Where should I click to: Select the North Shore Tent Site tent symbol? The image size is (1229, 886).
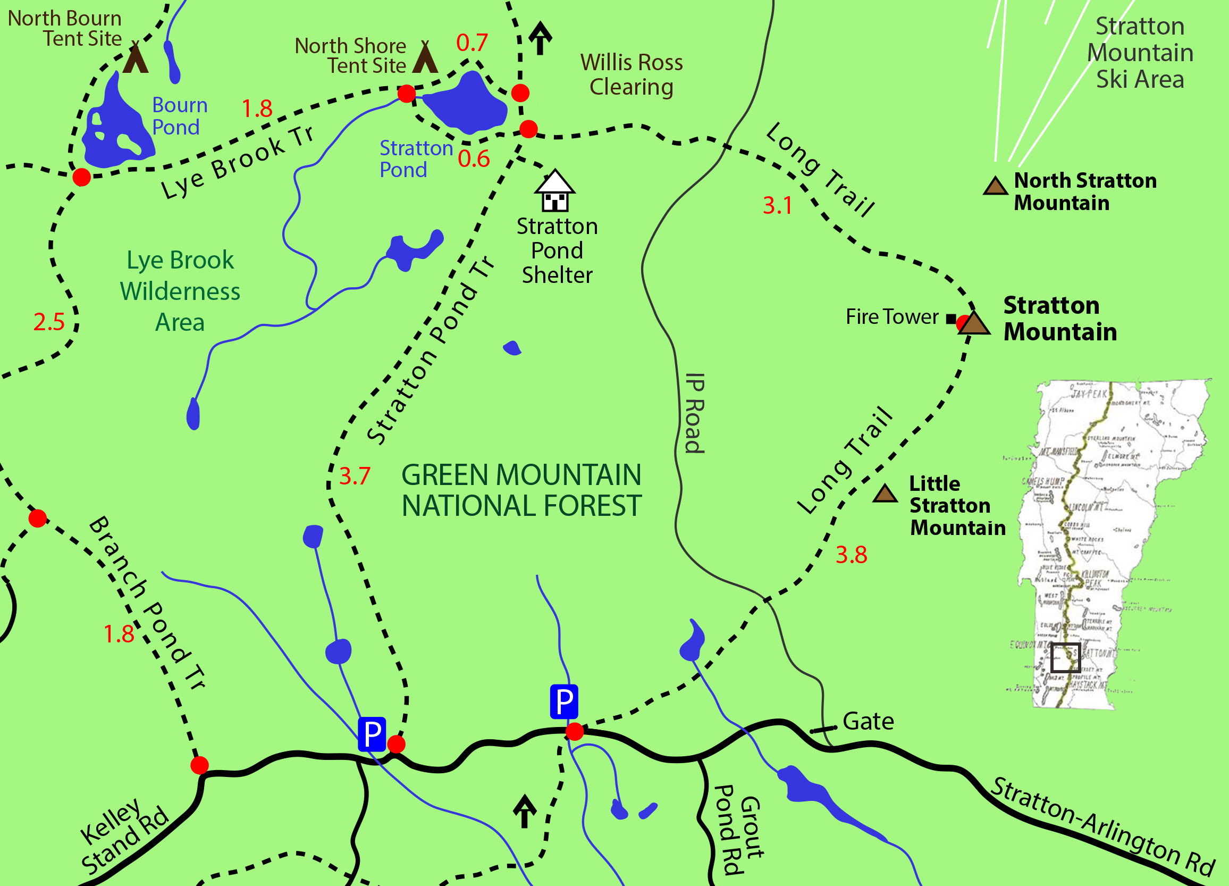(x=425, y=58)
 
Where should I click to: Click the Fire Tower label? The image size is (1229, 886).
(x=891, y=316)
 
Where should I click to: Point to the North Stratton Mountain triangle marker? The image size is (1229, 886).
(x=995, y=186)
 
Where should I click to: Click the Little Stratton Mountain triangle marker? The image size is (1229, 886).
(x=885, y=494)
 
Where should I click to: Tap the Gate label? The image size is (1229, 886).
(x=868, y=721)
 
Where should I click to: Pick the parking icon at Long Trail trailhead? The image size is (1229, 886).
(x=563, y=701)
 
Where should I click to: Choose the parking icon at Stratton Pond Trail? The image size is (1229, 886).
(x=372, y=734)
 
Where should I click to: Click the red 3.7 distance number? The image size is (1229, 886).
(x=355, y=476)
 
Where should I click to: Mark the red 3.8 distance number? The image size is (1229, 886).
(x=851, y=555)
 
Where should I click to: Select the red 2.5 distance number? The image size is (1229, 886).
(x=49, y=322)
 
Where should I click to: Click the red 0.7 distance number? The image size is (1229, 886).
(x=472, y=43)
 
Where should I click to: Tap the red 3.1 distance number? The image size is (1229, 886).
(x=777, y=205)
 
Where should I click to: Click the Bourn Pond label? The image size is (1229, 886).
(x=179, y=116)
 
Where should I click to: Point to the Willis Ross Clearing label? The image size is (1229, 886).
(x=632, y=75)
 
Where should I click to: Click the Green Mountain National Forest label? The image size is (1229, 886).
(x=521, y=490)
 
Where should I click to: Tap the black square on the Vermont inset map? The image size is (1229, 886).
(x=1065, y=657)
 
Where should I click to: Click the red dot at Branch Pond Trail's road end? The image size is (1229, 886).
(x=199, y=765)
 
